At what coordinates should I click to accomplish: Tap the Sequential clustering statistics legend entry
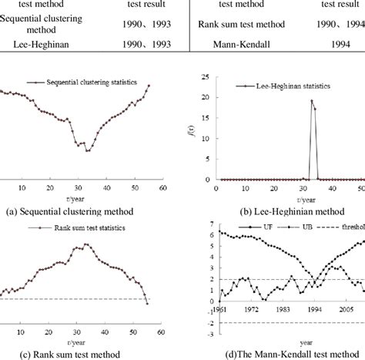click(72, 80)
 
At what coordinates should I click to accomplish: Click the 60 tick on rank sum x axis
click(160, 333)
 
